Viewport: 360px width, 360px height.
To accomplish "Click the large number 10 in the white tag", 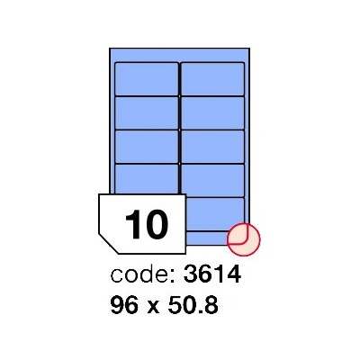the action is pyautogui.click(x=147, y=224).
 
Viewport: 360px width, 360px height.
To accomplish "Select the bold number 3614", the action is pyautogui.click(x=212, y=274).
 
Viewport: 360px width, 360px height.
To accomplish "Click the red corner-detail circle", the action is pyautogui.click(x=244, y=239).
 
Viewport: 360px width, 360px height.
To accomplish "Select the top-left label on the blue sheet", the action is pyautogui.click(x=147, y=79).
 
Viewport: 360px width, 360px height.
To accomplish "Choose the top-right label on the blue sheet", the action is pyautogui.click(x=212, y=79).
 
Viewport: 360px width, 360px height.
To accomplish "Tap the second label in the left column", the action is pyautogui.click(x=147, y=112).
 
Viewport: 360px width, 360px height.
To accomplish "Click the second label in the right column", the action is pyautogui.click(x=212, y=112).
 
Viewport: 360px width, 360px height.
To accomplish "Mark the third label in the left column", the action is pyautogui.click(x=147, y=147).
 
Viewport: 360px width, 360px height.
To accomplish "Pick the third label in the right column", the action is pyautogui.click(x=212, y=147).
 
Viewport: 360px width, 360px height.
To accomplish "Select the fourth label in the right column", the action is pyautogui.click(x=212, y=181).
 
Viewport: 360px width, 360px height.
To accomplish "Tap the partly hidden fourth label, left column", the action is pyautogui.click(x=147, y=179).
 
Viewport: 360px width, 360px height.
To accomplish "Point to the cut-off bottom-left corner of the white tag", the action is pyautogui.click(x=109, y=244).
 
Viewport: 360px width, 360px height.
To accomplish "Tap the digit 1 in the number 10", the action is pyautogui.click(x=132, y=224).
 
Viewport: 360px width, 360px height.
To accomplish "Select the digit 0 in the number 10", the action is pyautogui.click(x=157, y=224).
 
